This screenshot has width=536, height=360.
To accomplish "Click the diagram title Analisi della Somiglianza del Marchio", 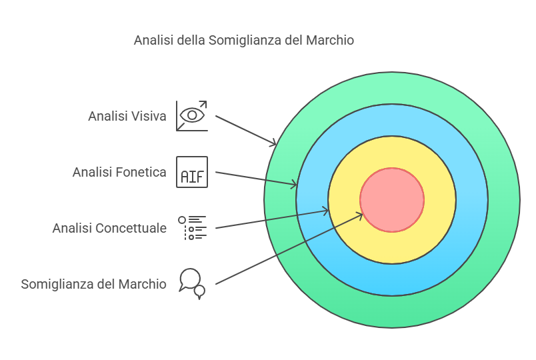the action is [x=244, y=41].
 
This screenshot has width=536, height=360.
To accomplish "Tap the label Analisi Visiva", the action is [x=127, y=116].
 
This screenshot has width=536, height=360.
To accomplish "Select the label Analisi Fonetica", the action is [x=119, y=172].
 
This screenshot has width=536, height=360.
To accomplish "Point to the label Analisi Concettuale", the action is [x=109, y=228].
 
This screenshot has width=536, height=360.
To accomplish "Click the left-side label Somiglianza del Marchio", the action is [x=93, y=284].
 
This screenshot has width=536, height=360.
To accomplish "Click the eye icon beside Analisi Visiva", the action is [x=192, y=115].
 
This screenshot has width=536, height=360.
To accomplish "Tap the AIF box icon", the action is [x=192, y=172].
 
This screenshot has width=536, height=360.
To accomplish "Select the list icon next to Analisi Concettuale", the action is [x=192, y=228].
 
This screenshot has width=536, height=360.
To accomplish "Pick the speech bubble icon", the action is [x=192, y=284].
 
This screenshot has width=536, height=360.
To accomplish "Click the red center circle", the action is [x=392, y=200].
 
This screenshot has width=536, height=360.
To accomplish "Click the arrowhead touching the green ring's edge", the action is [x=273, y=143].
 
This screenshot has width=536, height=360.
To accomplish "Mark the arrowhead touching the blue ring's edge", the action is [x=294, y=185].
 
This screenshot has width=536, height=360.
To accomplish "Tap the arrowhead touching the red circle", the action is [x=360, y=215].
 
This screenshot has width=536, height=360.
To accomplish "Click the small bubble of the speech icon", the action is [x=199, y=291].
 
